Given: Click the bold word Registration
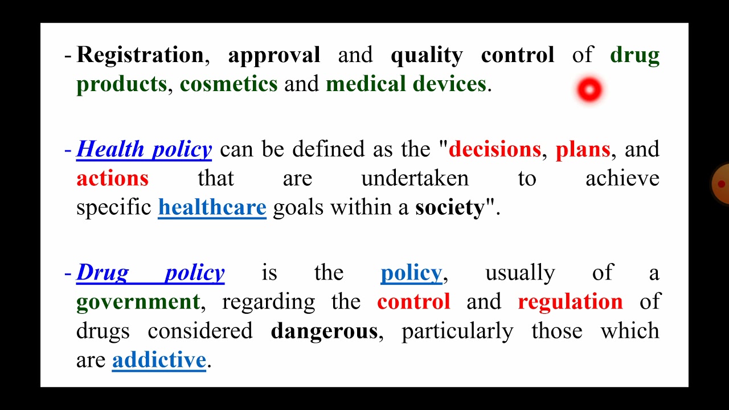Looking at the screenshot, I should [140, 55].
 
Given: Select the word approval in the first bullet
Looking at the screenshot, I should [274, 55].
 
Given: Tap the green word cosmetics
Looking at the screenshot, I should [228, 84].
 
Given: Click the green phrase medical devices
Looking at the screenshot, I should [406, 84].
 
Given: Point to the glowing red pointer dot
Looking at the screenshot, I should [589, 89].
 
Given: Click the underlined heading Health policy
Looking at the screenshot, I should [144, 149].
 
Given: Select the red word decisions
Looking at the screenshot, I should [494, 149].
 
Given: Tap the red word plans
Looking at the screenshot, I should [583, 149].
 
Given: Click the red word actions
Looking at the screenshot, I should [112, 179].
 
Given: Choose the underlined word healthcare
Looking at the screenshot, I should [212, 207].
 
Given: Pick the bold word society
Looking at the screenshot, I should [449, 207].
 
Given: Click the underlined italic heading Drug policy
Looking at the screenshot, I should [150, 273].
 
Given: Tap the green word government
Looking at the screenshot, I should [138, 302].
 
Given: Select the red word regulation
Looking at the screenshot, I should [570, 302].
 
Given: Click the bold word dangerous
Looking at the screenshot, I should [324, 331].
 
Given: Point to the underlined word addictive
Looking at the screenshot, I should [159, 360].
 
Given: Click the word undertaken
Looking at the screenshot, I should [415, 179].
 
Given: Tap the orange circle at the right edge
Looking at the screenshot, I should [721, 183].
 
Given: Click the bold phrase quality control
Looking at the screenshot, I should [472, 55].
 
